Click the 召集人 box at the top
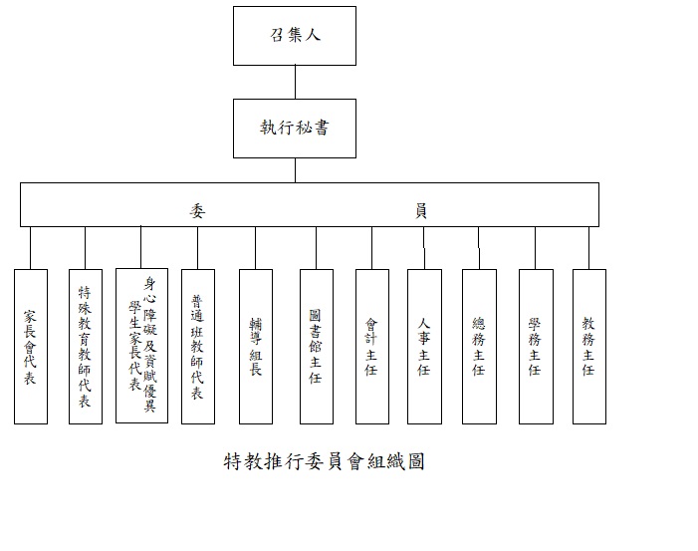[x=295, y=36]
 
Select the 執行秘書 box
[x=295, y=129]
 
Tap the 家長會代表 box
[x=31, y=346]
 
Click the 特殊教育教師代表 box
[x=86, y=346]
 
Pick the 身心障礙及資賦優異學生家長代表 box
[x=141, y=346]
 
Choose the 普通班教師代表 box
[x=198, y=346]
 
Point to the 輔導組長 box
[x=256, y=346]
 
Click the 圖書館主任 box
[x=316, y=346]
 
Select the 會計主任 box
[x=371, y=346]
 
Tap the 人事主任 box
[x=424, y=346]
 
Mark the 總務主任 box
[x=479, y=346]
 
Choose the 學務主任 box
[x=535, y=346]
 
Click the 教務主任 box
[x=588, y=346]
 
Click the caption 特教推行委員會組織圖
[x=326, y=462]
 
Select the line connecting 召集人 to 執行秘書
[x=295, y=82]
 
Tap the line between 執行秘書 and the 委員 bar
[x=295, y=170]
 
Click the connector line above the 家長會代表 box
[x=31, y=247]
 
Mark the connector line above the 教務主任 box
[x=588, y=247]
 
